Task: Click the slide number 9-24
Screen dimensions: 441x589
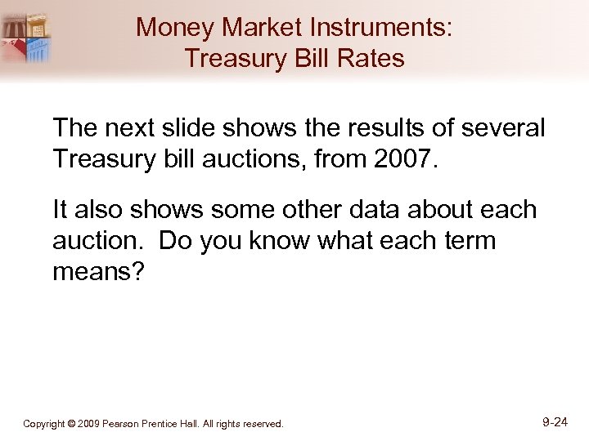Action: pos(560,422)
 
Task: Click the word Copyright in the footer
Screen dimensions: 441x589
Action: pos(44,424)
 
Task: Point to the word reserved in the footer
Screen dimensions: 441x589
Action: pos(263,424)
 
